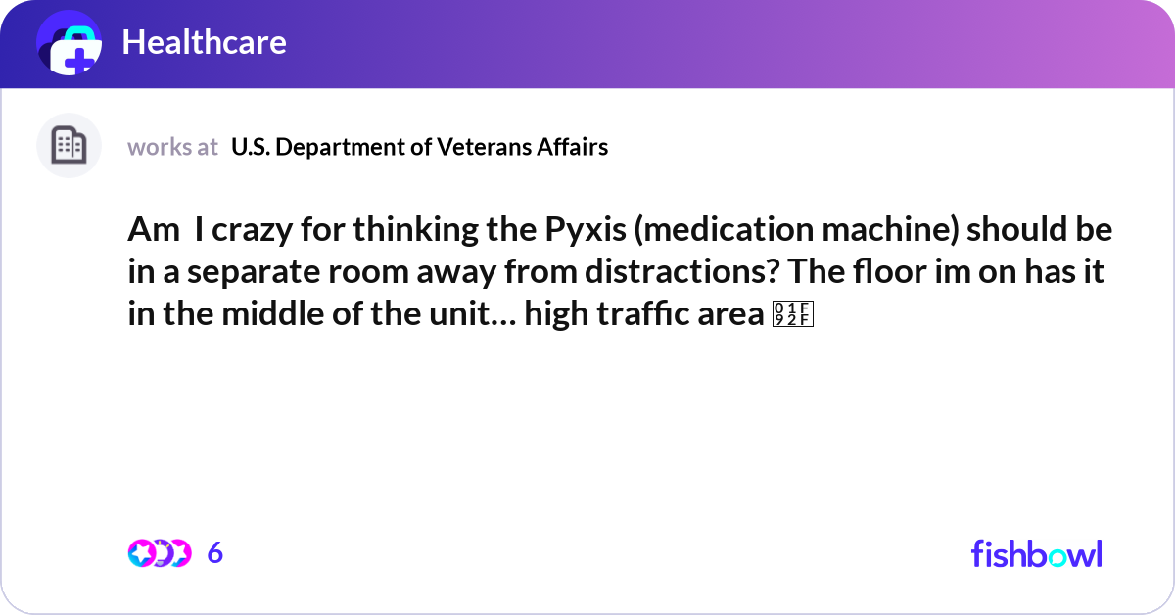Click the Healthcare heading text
pyautogui.click(x=204, y=42)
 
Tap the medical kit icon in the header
pyautogui.click(x=70, y=43)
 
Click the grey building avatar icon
pyautogui.click(x=69, y=145)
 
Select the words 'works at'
pyautogui.click(x=172, y=147)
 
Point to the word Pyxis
pyautogui.click(x=586, y=231)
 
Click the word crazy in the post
pyautogui.click(x=252, y=231)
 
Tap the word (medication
pyautogui.click(x=724, y=230)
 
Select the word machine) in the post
pyautogui.click(x=890, y=230)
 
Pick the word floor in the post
pyautogui.click(x=890, y=271)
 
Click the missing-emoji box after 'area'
pyautogui.click(x=792, y=313)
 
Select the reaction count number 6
pyautogui.click(x=215, y=553)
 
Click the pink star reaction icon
pyautogui.click(x=142, y=553)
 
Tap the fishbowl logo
pyautogui.click(x=1037, y=554)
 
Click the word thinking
pyautogui.click(x=415, y=231)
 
